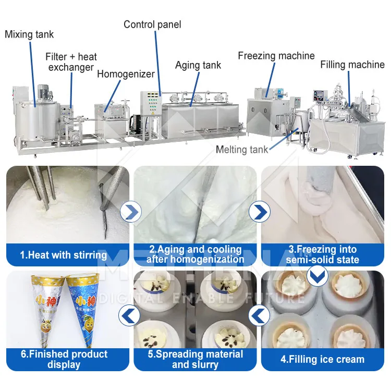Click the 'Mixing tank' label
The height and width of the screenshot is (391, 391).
click(29, 34)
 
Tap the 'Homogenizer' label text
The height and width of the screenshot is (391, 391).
click(126, 74)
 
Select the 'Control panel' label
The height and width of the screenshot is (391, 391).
click(152, 24)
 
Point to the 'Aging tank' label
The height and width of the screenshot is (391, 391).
click(198, 65)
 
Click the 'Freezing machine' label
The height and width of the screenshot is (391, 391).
click(276, 55)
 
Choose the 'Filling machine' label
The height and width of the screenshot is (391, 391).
click(352, 65)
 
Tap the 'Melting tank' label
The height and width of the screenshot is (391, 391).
click(242, 150)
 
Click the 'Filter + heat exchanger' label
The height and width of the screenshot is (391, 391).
click(71, 62)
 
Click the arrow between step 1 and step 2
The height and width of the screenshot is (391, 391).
click(130, 212)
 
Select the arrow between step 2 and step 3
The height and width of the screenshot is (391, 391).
click(259, 212)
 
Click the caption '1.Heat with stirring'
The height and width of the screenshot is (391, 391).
click(64, 255)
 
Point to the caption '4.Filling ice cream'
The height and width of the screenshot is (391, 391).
click(323, 359)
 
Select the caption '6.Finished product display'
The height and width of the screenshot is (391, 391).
click(64, 359)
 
